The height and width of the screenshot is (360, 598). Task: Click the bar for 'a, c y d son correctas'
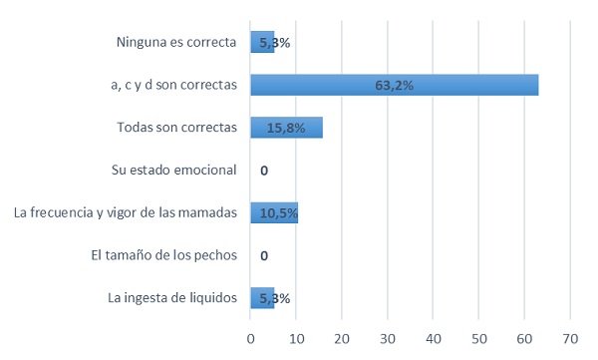(394, 85)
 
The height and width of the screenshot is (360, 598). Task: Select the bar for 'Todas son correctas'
(286, 128)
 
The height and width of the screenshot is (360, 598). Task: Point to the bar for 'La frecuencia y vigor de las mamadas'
(274, 212)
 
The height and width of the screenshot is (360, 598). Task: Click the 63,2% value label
(394, 86)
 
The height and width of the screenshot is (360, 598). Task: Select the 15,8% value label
(286, 129)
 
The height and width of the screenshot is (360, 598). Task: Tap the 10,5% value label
(275, 213)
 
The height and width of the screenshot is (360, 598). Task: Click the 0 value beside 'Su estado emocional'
(263, 171)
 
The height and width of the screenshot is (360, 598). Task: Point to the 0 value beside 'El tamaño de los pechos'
(263, 255)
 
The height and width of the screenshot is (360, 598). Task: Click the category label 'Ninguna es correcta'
(176, 42)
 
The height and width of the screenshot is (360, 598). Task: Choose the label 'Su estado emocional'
(174, 170)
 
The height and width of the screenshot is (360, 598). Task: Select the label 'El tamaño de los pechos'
(163, 255)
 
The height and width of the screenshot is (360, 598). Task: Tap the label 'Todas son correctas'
(176, 128)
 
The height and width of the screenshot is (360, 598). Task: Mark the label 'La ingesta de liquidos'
(171, 297)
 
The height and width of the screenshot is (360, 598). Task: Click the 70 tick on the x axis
(570, 339)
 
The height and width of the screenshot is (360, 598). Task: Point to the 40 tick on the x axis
(434, 339)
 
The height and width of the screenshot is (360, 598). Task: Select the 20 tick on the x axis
(342, 339)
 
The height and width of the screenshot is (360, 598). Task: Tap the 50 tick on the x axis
(478, 339)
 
